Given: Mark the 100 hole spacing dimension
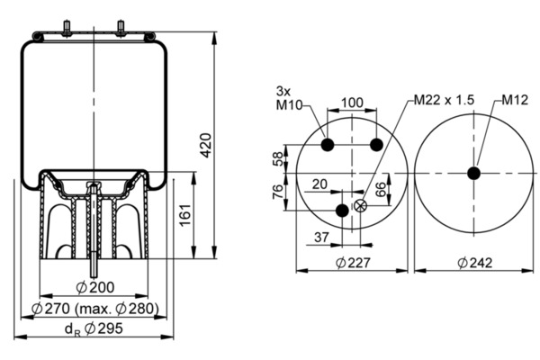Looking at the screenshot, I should coord(353,103).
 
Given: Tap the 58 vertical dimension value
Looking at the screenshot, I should coord(276,159).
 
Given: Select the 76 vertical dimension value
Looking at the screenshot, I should coord(276,191).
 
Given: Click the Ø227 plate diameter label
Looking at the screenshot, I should coord(353,263).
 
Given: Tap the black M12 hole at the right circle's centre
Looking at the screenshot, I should coord(474,174).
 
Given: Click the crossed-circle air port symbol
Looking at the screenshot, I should coord(361,206).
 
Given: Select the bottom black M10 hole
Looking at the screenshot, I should coord(341,211).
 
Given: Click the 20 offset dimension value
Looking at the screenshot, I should coord(319,184).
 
